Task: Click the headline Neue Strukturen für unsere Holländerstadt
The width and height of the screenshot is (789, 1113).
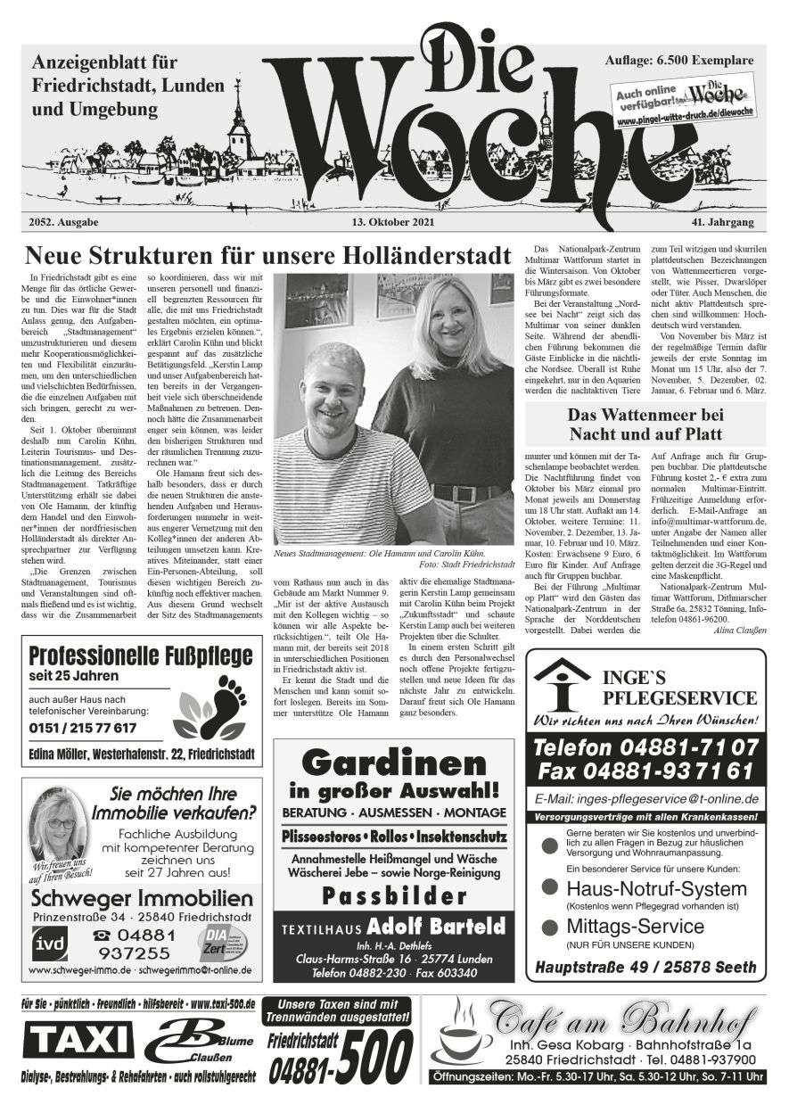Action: pos(268,254)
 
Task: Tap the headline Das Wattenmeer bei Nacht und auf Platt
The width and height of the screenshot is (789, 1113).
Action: pos(645,425)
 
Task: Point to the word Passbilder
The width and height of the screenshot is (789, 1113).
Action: pos(394,895)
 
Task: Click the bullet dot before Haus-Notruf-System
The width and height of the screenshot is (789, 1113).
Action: pos(551,889)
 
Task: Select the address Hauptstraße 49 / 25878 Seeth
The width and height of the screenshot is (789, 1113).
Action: pos(645,967)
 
